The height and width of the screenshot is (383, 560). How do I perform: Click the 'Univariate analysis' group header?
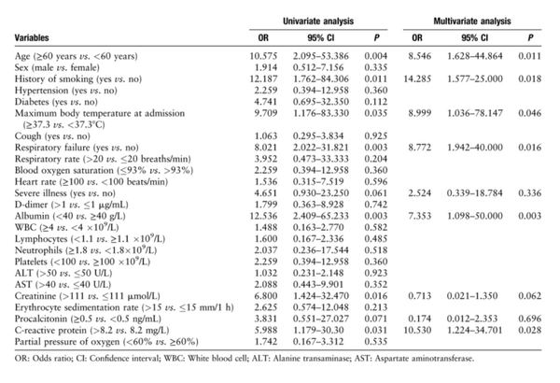[x=318, y=21]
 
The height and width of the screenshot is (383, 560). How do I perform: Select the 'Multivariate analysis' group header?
[x=472, y=21]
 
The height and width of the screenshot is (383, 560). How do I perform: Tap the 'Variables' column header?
[x=32, y=37]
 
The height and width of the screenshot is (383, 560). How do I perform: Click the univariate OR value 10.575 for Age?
[x=263, y=56]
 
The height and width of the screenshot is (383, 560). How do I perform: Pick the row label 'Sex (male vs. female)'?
[x=57, y=67]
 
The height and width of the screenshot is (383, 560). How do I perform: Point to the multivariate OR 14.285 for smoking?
[x=417, y=78]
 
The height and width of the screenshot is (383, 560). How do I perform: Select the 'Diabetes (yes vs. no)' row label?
[x=56, y=102]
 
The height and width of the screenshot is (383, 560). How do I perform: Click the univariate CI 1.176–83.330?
[x=321, y=113]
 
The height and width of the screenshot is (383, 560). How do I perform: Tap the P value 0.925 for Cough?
[x=376, y=135]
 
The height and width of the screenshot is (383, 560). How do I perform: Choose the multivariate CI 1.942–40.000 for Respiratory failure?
[x=475, y=148]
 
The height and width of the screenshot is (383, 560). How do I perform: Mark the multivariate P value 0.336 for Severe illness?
[x=530, y=193]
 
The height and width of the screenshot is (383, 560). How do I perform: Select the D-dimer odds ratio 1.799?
[x=266, y=205]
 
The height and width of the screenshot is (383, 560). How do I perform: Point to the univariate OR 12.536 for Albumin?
[x=263, y=216]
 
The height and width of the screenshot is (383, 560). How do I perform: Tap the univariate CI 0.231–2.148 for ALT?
[x=318, y=273]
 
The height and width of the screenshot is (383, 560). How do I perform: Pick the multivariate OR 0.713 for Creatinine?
[x=420, y=296]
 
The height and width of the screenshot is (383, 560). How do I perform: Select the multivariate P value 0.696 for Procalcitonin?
[x=530, y=319]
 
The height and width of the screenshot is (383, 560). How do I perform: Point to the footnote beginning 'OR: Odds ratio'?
[x=245, y=359]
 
